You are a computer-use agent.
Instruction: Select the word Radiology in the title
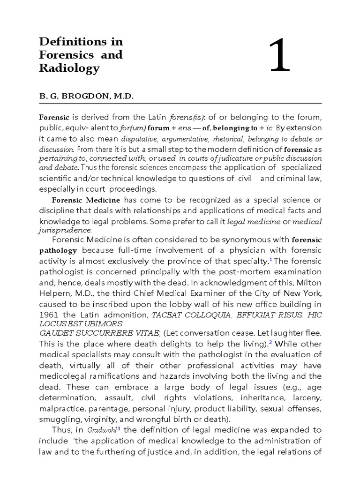click(x=69, y=68)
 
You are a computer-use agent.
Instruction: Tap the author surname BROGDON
click(x=84, y=96)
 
